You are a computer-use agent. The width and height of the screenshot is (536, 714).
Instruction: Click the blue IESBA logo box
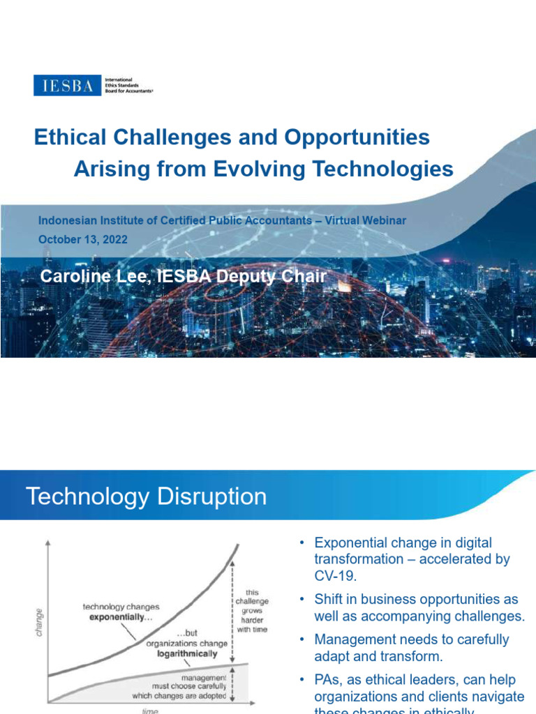[67, 85]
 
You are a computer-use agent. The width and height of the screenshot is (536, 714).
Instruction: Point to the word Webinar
[383, 220]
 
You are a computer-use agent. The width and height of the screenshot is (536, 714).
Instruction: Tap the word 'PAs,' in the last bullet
[329, 680]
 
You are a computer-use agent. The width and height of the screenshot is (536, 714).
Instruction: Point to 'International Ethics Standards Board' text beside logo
[128, 85]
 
